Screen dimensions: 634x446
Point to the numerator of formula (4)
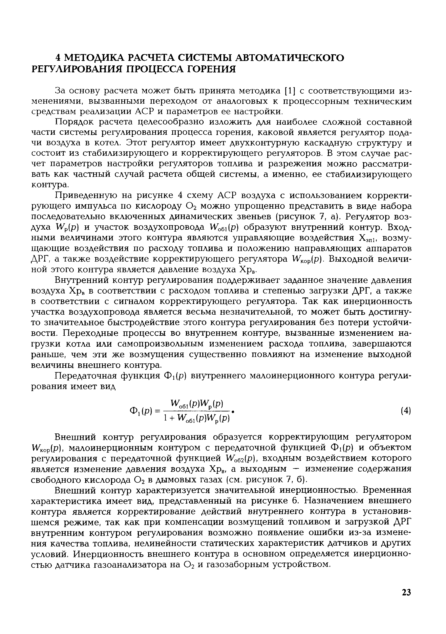(x=197, y=403)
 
